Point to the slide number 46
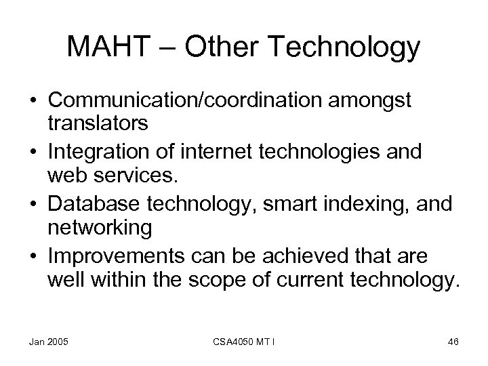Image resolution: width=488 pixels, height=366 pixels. (x=453, y=342)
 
